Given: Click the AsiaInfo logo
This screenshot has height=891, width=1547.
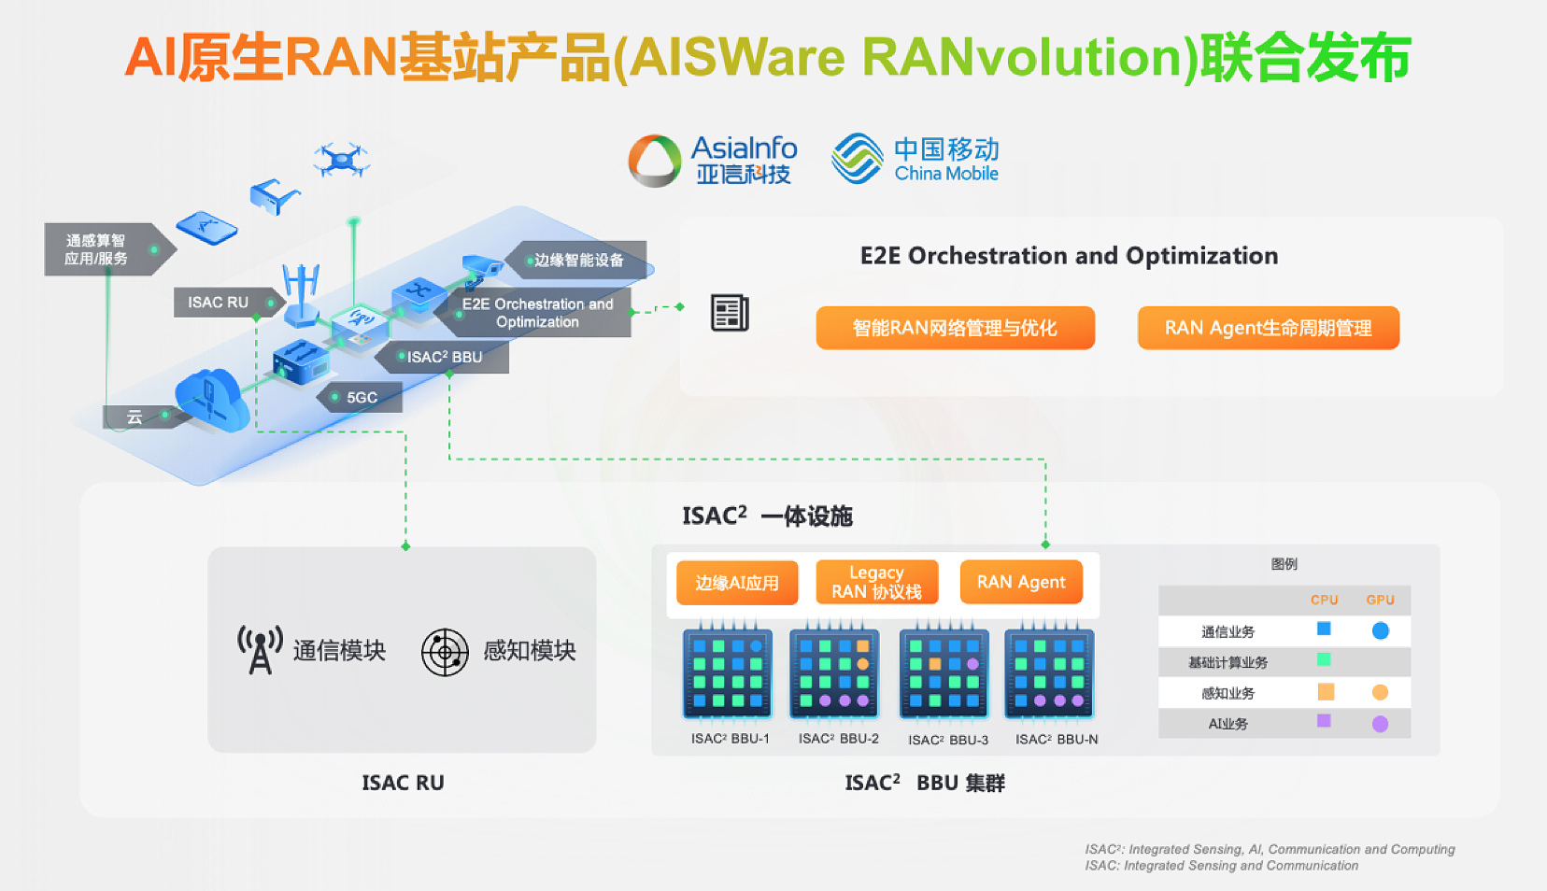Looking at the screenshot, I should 713,160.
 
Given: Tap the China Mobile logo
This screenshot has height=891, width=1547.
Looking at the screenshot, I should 915,159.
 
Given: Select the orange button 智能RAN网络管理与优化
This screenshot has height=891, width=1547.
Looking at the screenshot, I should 955,328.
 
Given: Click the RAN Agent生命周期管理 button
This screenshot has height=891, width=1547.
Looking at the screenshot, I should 1268,328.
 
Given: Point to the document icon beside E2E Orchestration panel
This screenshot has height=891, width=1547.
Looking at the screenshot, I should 730,313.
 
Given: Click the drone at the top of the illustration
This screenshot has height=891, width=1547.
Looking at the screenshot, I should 341,160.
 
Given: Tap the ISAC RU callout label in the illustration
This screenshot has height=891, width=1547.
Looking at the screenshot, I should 220,303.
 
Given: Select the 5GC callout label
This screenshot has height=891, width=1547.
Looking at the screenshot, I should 362,397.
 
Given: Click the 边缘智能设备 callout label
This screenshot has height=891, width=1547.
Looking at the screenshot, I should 578,260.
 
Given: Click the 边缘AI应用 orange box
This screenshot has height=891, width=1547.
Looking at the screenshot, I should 737,583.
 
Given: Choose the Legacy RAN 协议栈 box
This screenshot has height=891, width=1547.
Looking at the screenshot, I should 876,582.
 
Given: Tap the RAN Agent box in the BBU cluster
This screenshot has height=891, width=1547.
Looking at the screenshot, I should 1021,582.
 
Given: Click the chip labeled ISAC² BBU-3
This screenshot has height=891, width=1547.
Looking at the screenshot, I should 944,673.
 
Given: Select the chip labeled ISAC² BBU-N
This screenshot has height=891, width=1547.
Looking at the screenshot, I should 1049,673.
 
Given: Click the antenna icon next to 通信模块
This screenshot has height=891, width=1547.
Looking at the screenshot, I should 260,650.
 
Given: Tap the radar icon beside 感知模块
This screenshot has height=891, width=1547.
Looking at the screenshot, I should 445,652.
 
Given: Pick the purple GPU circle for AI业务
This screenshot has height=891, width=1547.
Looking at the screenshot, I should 1380,724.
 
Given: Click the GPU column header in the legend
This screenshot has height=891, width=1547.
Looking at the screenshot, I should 1380,600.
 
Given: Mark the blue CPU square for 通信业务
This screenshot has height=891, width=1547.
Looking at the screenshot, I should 1324,629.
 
